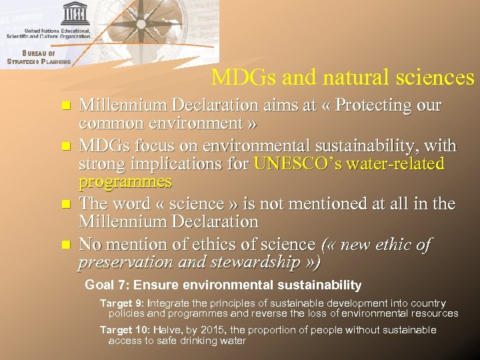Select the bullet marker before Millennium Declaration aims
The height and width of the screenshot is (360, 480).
pyautogui.click(x=65, y=106)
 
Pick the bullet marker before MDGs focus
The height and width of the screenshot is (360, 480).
pyautogui.click(x=65, y=146)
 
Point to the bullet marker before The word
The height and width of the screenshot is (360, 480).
pyautogui.click(x=65, y=205)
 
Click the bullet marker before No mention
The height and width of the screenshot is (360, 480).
pyautogui.click(x=65, y=245)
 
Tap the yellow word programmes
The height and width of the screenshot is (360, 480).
pyautogui.click(x=125, y=181)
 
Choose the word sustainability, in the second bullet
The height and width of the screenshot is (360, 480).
pyautogui.click(x=363, y=145)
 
